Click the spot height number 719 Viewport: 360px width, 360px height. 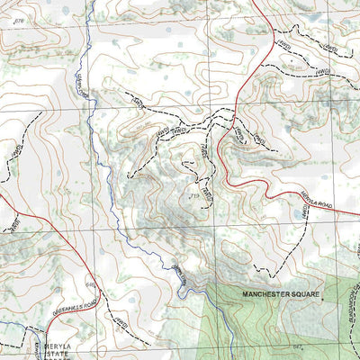pos(193,195)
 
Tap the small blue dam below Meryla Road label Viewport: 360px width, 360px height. pos(298,215)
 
